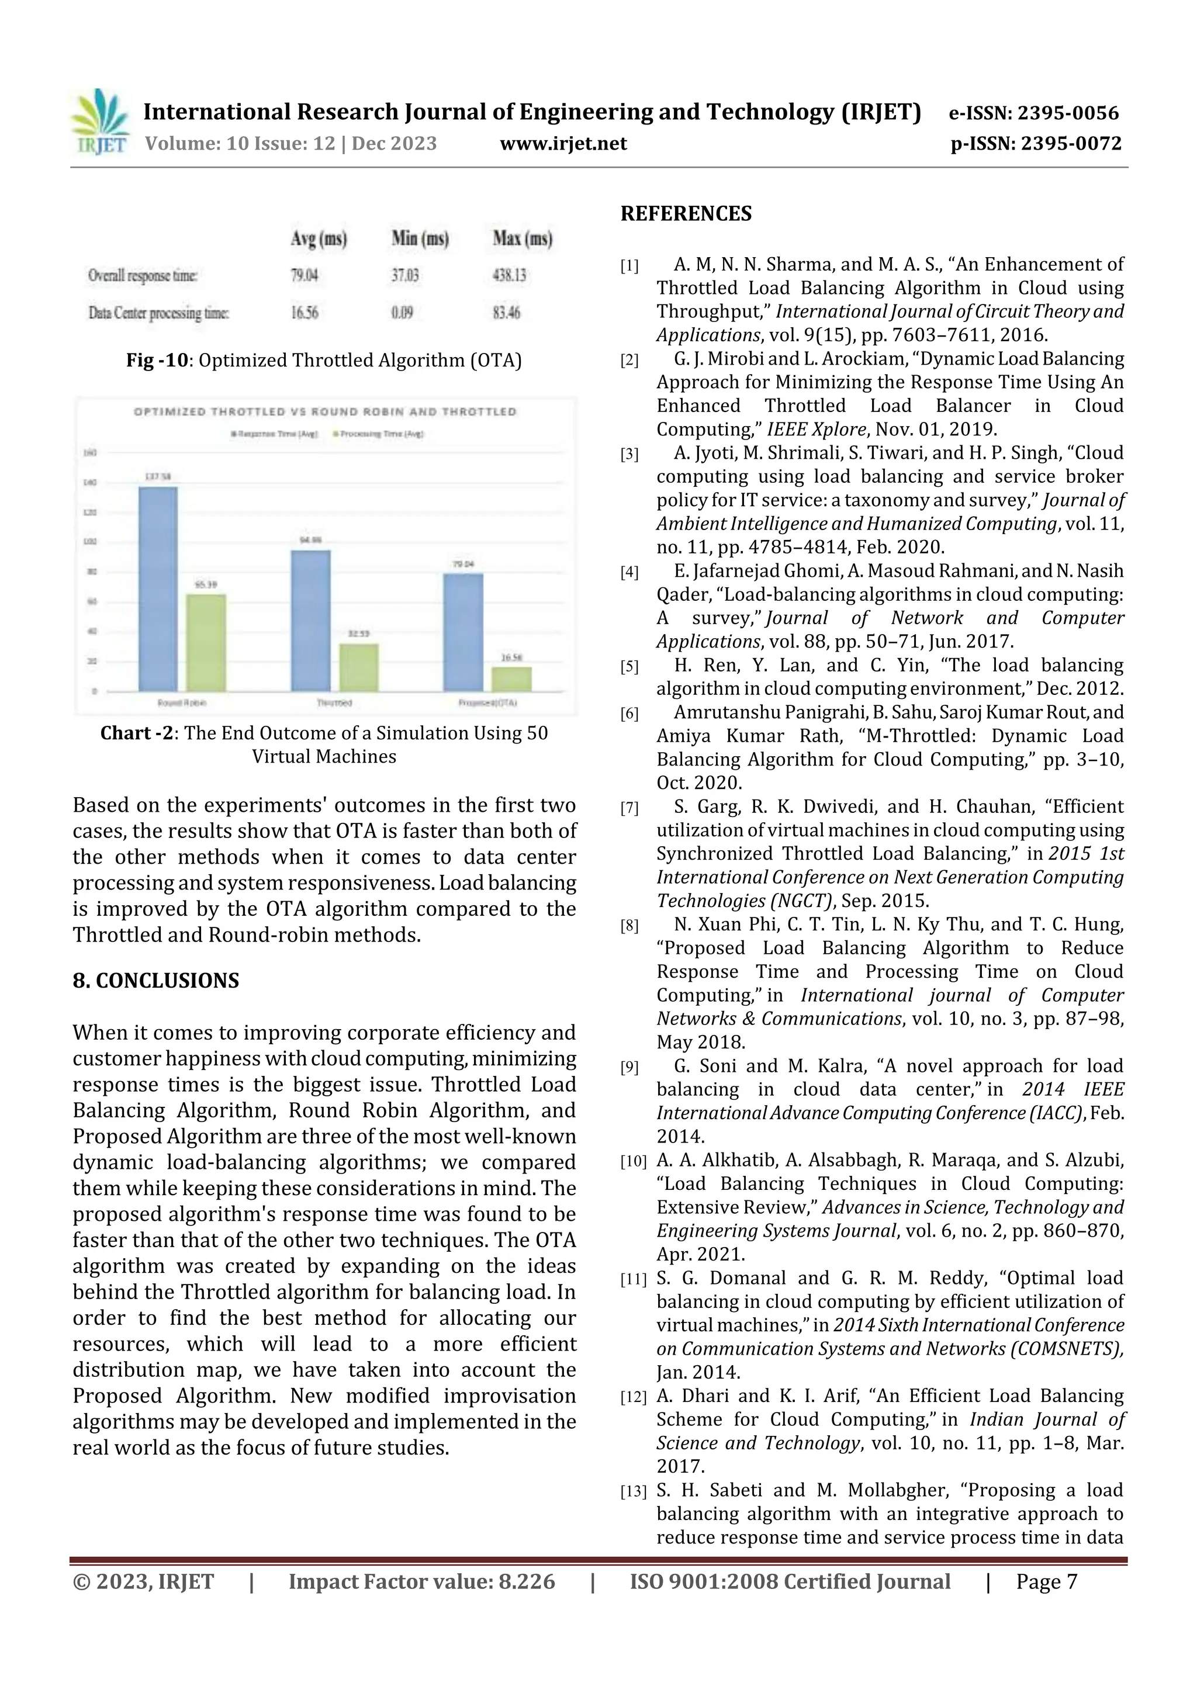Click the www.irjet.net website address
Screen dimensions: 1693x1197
click(563, 143)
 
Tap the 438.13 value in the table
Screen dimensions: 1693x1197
click(509, 276)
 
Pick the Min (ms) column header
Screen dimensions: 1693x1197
click(420, 238)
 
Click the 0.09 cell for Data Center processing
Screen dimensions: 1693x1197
click(402, 313)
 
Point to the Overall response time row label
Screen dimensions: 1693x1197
click(143, 276)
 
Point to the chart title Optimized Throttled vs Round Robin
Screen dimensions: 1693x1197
click(324, 411)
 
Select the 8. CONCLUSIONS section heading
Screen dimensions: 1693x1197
click(155, 981)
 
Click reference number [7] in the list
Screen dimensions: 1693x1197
click(629, 809)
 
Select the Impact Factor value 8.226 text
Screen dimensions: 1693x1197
click(421, 1581)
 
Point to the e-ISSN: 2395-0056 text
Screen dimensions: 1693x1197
click(1033, 113)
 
